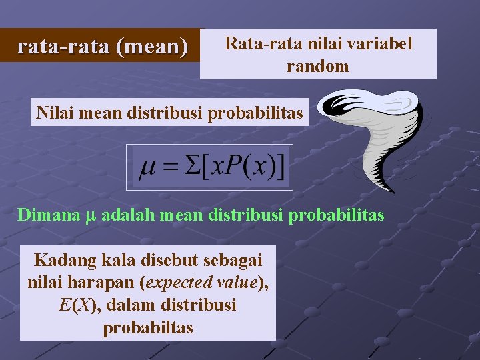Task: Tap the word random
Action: pos(318,66)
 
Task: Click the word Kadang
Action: pos(61,259)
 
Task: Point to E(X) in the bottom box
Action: pos(79,305)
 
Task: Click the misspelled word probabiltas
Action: pos(148,328)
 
